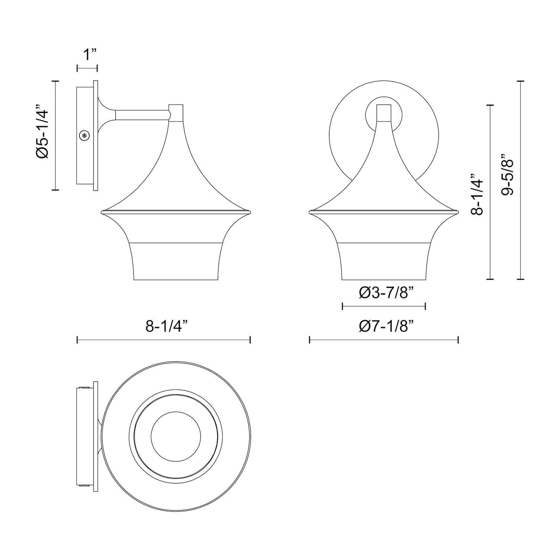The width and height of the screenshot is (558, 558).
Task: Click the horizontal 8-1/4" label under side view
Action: (x=166, y=327)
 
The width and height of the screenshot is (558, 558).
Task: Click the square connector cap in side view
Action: (x=176, y=112)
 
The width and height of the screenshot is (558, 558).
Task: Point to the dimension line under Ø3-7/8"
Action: (x=384, y=307)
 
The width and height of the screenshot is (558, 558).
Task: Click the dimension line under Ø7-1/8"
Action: (x=384, y=340)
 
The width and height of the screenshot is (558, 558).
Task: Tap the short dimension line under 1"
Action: (x=87, y=68)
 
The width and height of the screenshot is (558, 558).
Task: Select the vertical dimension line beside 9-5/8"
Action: (x=520, y=180)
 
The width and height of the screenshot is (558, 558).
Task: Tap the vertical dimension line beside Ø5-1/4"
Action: (x=55, y=135)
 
